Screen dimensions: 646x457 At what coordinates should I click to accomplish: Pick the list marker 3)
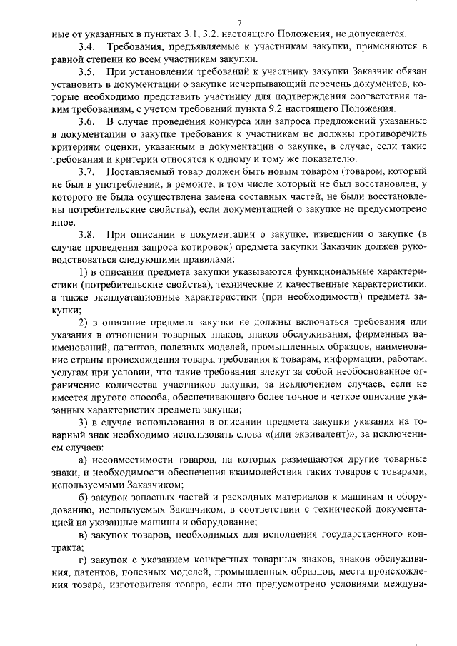pyautogui.click(x=82, y=421)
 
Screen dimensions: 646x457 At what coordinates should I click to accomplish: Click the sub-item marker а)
pyautogui.click(x=82, y=459)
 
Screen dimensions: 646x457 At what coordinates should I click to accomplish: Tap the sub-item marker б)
pyautogui.click(x=82, y=497)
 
